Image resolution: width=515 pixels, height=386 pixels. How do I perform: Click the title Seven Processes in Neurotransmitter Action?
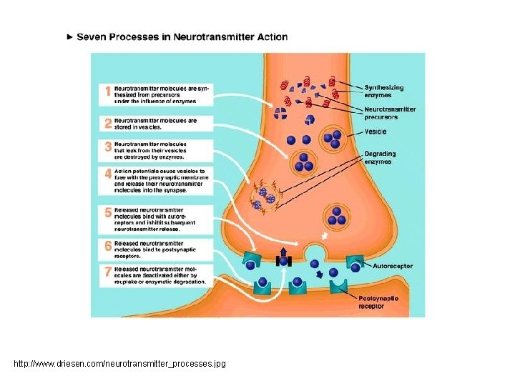coord(182,36)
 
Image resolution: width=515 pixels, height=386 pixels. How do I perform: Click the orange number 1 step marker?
coord(108,92)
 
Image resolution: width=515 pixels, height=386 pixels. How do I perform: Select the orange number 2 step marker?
coord(108,124)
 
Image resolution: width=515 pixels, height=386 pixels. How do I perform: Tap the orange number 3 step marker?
coord(108,147)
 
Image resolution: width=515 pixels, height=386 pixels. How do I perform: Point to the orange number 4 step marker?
coord(108,174)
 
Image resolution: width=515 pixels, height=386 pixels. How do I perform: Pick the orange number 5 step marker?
coord(108,212)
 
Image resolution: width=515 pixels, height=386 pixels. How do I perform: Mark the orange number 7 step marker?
coord(108,271)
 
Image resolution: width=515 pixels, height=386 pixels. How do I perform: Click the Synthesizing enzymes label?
coord(384,91)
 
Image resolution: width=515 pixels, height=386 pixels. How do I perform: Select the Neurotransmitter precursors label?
coord(390,112)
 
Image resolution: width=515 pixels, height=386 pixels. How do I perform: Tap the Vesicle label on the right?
coord(376,132)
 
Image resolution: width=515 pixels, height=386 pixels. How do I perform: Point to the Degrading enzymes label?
coord(380,157)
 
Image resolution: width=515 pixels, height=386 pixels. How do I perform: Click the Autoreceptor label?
coord(392,265)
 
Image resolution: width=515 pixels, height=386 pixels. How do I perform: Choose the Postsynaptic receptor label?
coord(378,302)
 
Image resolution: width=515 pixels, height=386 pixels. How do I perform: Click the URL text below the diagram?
coord(119,364)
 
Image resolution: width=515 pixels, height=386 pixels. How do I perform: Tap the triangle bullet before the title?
coord(69,36)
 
